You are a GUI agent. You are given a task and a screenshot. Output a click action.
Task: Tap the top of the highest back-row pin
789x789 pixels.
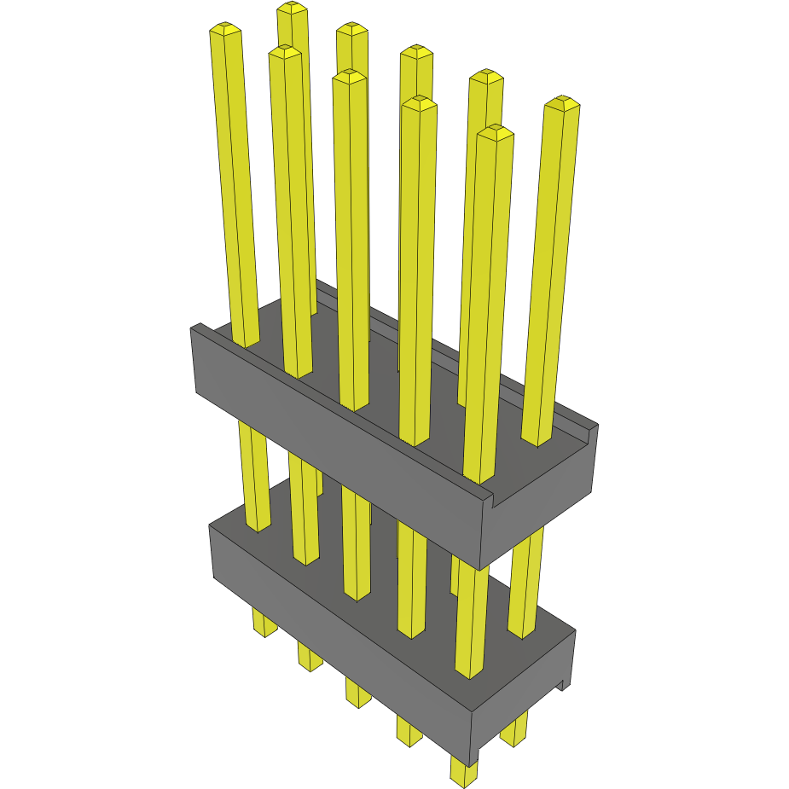(x=292, y=9)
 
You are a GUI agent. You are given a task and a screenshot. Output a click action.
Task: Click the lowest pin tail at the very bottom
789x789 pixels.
(x=463, y=773)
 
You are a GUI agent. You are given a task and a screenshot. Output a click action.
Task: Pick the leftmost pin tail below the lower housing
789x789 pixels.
(x=264, y=624)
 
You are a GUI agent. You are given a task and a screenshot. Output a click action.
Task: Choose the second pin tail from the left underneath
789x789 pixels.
(x=310, y=656)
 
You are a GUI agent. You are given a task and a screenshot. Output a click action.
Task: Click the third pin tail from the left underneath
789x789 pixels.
(x=358, y=692)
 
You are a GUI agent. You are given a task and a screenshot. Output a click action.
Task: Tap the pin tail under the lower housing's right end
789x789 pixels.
(x=513, y=731)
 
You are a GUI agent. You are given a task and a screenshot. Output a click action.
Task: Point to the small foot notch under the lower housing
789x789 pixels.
(x=562, y=682)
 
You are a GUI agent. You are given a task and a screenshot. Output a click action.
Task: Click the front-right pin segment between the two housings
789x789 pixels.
(x=472, y=614)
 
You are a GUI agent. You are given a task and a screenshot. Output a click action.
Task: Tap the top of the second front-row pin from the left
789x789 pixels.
(x=285, y=53)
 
